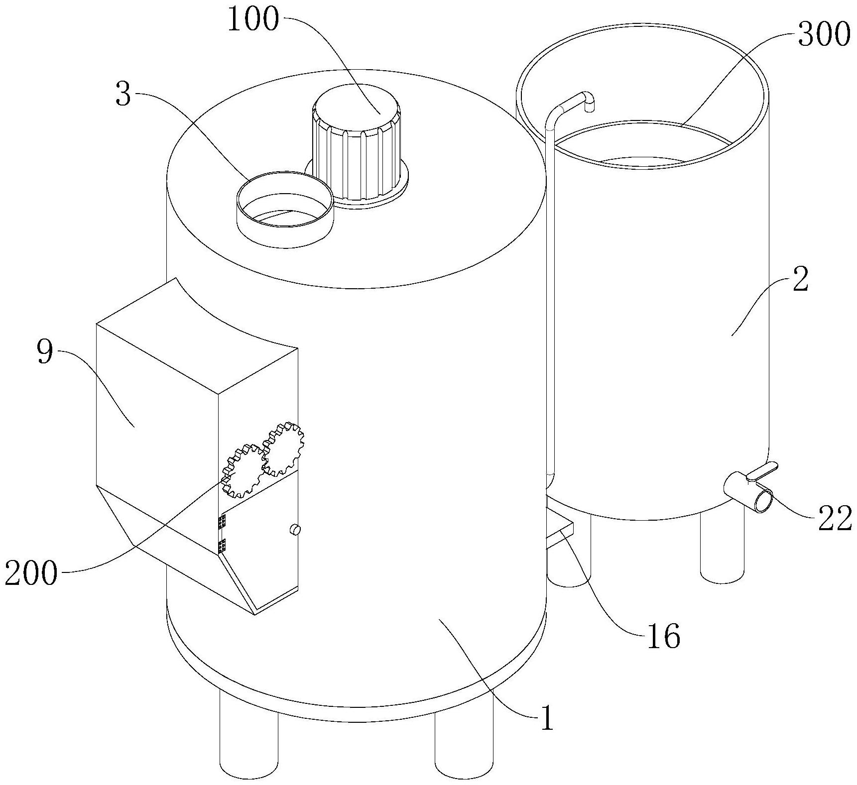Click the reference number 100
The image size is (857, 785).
click(x=253, y=20)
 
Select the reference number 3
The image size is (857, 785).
click(x=123, y=95)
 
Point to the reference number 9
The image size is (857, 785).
click(x=45, y=352)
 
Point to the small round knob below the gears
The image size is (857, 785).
click(x=295, y=530)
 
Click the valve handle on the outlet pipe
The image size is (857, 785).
click(x=762, y=471)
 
